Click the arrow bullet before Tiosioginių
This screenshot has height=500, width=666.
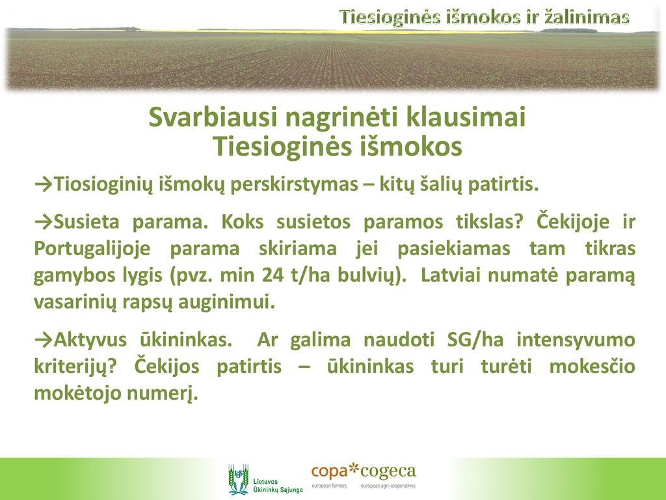(x=44, y=184)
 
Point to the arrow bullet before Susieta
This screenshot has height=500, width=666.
(x=44, y=221)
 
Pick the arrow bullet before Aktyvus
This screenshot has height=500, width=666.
(x=44, y=339)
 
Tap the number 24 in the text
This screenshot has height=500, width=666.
(x=273, y=275)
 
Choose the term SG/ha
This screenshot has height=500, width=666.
(x=475, y=340)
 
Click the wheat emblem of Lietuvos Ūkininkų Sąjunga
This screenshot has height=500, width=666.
(x=238, y=479)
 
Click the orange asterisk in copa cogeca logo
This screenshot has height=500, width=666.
(x=353, y=469)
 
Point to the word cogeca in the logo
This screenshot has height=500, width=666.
(x=388, y=472)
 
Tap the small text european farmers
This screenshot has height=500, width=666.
(x=329, y=486)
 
